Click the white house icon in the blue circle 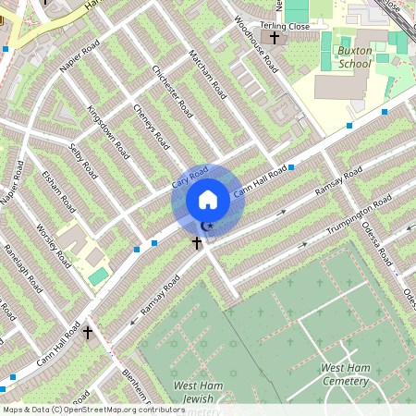[x=208, y=199]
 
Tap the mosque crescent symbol [x=207, y=226]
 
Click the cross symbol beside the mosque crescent [x=196, y=242]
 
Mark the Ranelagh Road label [x=19, y=269]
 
